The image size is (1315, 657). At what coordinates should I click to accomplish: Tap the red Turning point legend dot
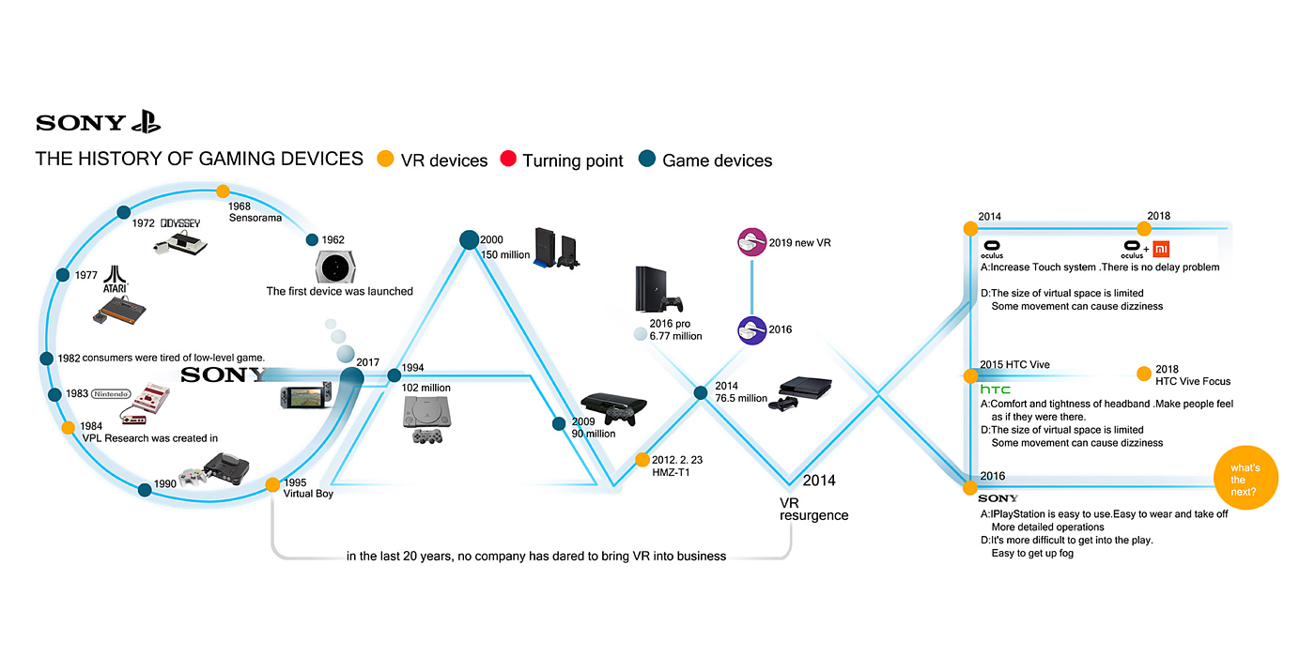(x=509, y=160)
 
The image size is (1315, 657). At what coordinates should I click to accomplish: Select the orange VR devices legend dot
(x=383, y=160)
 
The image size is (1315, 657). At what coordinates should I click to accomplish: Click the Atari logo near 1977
(x=115, y=279)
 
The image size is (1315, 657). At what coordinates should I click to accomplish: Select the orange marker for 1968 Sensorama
(x=223, y=191)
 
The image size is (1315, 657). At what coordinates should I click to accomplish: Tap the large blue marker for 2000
(x=470, y=240)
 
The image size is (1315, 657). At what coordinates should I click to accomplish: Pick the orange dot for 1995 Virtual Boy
(x=272, y=485)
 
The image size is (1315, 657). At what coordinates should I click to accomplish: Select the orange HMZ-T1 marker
(x=642, y=460)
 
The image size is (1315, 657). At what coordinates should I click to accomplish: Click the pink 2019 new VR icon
(x=751, y=243)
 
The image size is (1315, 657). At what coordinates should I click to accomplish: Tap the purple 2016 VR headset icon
(x=751, y=329)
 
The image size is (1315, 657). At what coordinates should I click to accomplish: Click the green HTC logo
(x=996, y=389)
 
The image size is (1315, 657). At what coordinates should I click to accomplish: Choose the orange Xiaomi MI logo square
(x=1160, y=249)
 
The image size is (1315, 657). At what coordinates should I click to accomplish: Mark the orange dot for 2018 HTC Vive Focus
(x=1143, y=374)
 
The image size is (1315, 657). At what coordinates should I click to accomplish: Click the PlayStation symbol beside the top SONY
(x=146, y=122)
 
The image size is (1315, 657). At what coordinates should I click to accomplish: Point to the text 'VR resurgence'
(x=813, y=509)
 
